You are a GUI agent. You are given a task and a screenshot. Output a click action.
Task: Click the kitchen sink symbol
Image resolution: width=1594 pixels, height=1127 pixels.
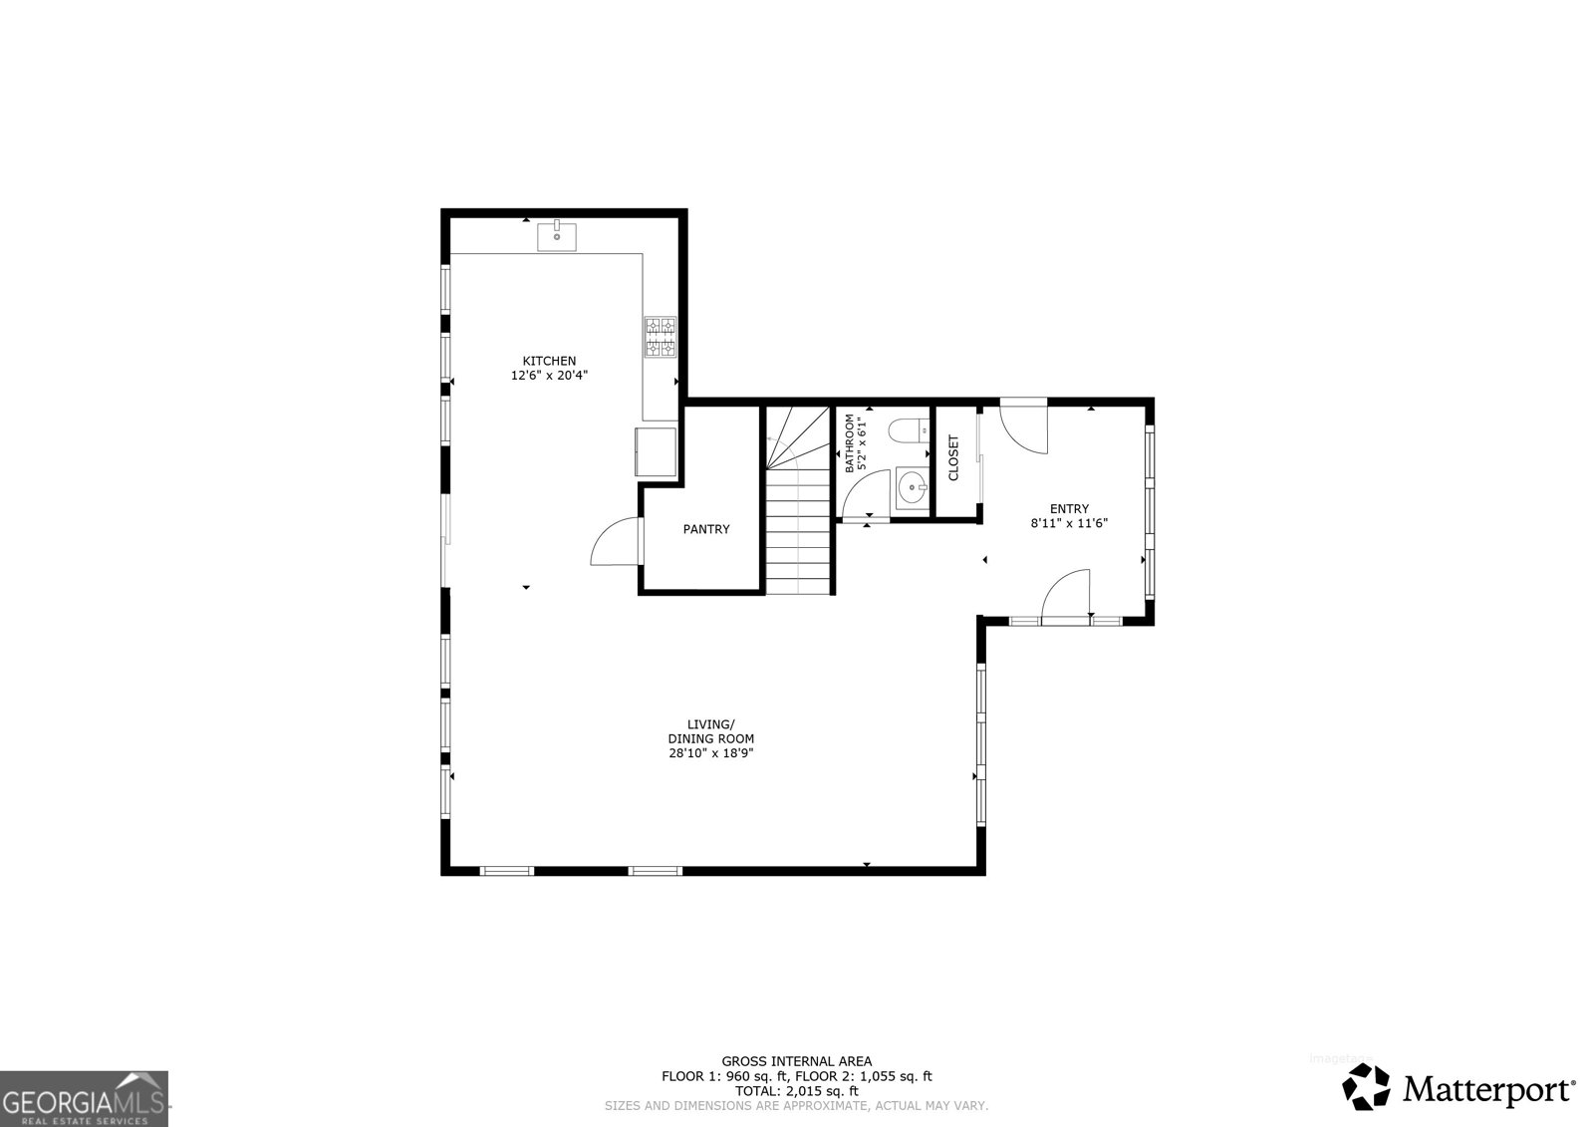tap(557, 237)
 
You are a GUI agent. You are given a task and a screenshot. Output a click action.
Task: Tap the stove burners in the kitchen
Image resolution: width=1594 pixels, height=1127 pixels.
tap(660, 337)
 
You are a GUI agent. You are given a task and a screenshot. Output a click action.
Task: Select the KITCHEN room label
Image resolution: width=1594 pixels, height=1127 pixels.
tap(549, 361)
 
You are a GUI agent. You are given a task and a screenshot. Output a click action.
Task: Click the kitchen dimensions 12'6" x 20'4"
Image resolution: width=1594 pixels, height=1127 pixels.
tap(549, 376)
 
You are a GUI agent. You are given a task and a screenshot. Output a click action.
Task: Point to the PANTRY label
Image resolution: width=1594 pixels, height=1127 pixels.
tap(705, 529)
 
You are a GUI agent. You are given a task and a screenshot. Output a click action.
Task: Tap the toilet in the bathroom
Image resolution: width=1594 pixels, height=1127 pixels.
tap(908, 432)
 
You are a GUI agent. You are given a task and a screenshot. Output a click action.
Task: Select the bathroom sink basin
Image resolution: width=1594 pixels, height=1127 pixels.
tap(912, 487)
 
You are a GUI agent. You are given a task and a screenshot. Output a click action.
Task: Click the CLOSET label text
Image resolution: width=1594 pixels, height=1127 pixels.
tap(953, 458)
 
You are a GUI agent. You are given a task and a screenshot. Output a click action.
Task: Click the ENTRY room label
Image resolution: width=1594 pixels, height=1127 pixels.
tap(1069, 508)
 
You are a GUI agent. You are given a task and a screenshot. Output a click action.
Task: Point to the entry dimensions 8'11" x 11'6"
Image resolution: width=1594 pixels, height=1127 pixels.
tap(1069, 523)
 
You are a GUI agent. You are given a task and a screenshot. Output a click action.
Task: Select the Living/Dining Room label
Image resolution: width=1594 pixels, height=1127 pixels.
tap(710, 731)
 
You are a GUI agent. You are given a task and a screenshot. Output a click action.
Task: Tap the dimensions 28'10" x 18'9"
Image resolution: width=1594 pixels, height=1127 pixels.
tap(710, 754)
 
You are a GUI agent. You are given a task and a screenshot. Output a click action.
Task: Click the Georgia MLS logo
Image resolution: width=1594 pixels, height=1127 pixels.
tap(84, 1098)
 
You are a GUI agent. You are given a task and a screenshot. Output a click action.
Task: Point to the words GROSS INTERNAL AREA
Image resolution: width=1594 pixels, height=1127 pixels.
tap(796, 1061)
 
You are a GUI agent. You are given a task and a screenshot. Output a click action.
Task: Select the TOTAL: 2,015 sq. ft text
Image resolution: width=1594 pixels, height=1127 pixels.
tap(796, 1091)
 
